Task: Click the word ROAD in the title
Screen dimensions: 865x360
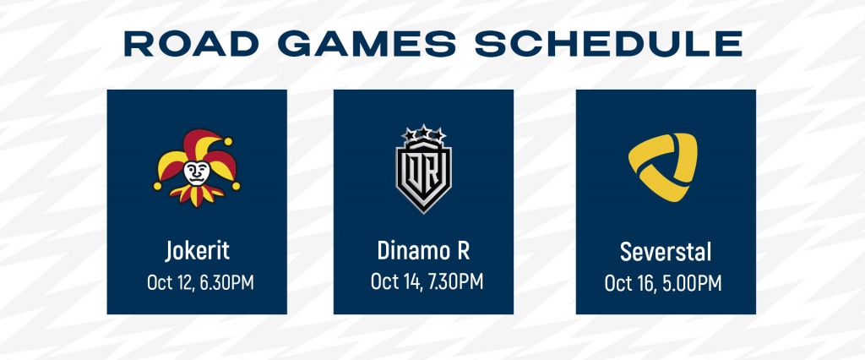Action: pos(192,44)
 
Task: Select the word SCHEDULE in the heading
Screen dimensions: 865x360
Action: pos(608,44)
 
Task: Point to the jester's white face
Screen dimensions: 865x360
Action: pos(196,173)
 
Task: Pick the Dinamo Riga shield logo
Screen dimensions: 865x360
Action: pos(424,168)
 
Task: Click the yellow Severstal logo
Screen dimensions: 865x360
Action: pos(662,166)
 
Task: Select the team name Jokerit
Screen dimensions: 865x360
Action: pos(197,251)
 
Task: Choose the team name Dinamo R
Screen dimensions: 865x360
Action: pos(423,251)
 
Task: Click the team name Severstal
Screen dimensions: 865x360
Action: pos(666,253)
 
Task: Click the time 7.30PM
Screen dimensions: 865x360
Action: pos(455,281)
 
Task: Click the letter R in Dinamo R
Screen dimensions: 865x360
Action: pos(463,251)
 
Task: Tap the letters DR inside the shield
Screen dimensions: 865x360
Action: pos(423,173)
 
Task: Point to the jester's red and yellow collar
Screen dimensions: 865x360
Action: pos(196,194)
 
